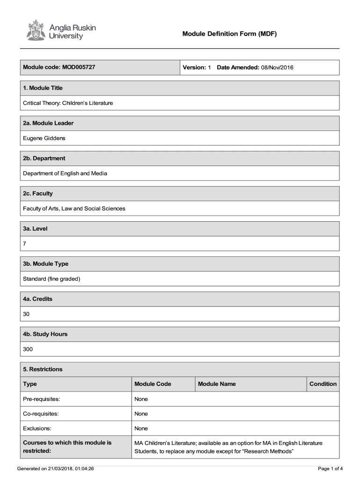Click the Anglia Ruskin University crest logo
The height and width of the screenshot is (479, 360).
click(x=33, y=30)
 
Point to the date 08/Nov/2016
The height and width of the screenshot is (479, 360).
click(x=277, y=67)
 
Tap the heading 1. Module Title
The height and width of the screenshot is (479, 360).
click(x=43, y=88)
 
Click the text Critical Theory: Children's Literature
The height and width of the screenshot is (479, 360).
click(x=68, y=103)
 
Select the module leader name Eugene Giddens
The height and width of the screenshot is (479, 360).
click(x=44, y=138)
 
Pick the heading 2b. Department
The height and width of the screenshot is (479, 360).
click(x=44, y=158)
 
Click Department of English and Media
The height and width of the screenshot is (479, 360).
click(x=65, y=173)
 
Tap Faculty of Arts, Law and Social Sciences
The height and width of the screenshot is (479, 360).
click(x=74, y=208)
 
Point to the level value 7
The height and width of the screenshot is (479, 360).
click(x=25, y=244)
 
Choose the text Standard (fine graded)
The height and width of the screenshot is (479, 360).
click(x=52, y=279)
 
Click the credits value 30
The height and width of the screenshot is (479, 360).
click(x=26, y=314)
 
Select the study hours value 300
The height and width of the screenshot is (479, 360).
click(x=28, y=349)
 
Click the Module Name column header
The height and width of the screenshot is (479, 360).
click(x=217, y=384)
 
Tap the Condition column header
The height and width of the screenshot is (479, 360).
click(x=323, y=384)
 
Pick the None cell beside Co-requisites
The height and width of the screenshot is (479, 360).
click(x=141, y=414)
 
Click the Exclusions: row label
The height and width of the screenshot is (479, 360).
click(x=37, y=428)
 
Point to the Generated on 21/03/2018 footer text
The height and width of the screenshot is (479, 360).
click(x=56, y=468)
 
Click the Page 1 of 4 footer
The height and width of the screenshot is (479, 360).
click(x=330, y=468)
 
